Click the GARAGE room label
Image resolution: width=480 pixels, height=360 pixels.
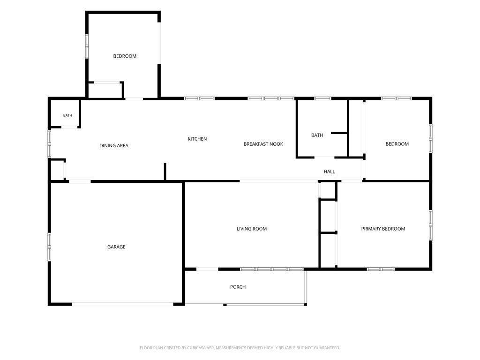pos(116,247)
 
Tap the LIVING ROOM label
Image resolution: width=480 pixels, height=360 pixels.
pos(252,229)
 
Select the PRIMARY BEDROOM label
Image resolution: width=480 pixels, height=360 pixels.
pos(383,229)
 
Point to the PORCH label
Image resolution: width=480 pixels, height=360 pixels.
pos(238,287)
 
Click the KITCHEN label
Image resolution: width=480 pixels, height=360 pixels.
pos(197,139)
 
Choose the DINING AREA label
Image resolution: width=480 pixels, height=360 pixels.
pos(114,146)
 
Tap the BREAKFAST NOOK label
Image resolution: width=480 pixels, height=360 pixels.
pos(263,144)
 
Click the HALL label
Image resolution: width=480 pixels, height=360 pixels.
pos(330,172)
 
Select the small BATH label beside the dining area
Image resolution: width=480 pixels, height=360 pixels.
pos(67,115)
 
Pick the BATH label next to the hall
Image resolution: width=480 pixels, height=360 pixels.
pos(317,135)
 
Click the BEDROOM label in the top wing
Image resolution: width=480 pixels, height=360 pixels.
pos(125,56)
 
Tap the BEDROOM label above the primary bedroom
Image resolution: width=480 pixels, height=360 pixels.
pos(397,144)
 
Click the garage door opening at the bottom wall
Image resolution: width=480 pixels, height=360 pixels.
pos(123,304)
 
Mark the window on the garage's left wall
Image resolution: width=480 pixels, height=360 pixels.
pos(49,247)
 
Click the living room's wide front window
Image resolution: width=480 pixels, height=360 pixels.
pos(271,270)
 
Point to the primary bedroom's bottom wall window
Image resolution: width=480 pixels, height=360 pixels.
pos(381,270)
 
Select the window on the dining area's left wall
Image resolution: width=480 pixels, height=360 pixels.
pos(49,144)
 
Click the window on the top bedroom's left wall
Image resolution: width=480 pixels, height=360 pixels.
pos(87,46)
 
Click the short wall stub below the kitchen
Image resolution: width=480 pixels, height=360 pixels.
pos(165,172)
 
